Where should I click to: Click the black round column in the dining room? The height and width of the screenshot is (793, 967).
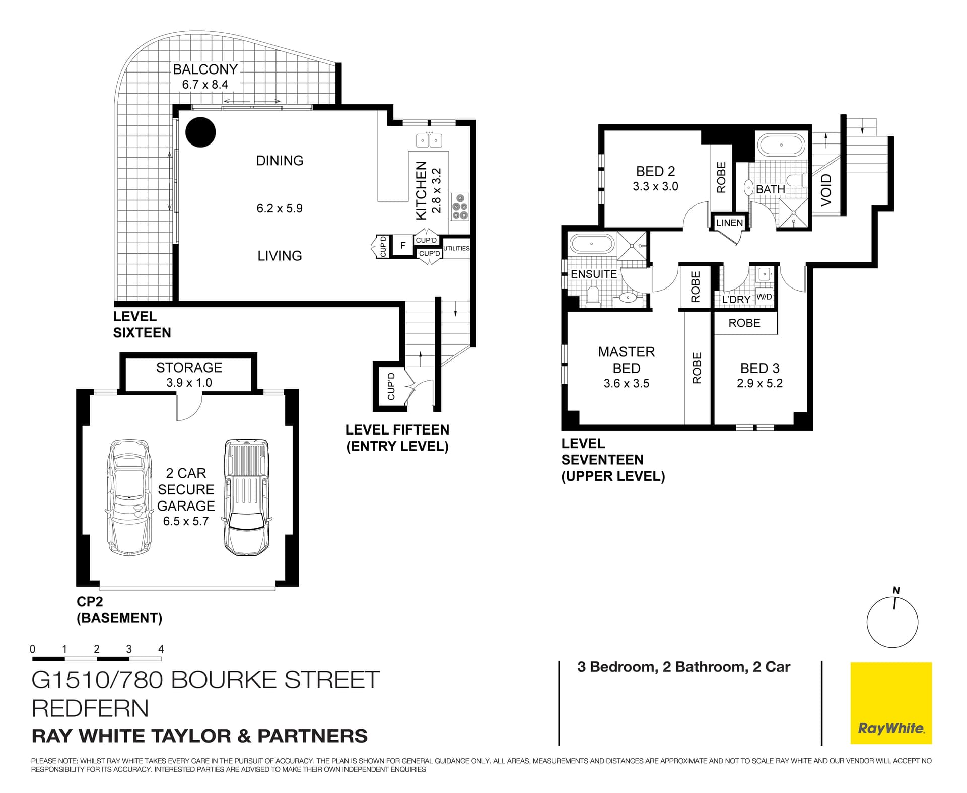point(200,132)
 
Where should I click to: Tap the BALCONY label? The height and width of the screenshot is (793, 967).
point(205,69)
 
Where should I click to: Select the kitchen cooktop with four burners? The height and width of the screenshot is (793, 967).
point(460,206)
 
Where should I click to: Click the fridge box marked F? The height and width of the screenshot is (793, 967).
point(402,246)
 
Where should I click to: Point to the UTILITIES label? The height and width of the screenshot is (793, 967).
point(456,248)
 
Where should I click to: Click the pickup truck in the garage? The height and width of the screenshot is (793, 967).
point(246,497)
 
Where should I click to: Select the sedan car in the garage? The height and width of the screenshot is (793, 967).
point(129,497)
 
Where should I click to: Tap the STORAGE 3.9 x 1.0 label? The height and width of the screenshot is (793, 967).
point(189,375)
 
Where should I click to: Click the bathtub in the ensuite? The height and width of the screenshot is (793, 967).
point(592,245)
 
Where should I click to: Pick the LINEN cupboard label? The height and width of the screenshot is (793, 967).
point(729,223)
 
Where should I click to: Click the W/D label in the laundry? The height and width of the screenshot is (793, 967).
point(764,297)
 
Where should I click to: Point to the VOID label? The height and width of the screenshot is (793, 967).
point(826,190)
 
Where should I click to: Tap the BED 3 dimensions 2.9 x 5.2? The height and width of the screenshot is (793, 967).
point(759,383)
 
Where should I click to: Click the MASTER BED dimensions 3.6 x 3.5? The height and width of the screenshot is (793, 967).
point(626,383)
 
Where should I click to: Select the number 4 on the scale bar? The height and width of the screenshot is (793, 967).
point(161,649)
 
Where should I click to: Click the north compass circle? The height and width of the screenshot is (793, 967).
point(892,622)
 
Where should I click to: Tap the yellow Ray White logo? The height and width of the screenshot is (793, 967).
point(891,703)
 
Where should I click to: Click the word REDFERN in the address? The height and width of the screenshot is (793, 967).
point(90,708)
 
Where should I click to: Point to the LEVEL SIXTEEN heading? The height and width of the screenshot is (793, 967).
point(142,324)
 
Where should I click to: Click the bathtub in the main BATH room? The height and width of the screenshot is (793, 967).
point(781,145)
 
